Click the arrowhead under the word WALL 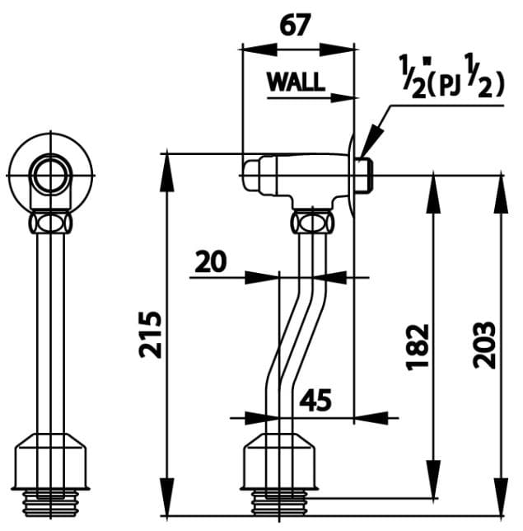click(346, 98)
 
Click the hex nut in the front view click(50, 223)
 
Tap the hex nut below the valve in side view click(312, 222)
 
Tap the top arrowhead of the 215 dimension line click(167, 162)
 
